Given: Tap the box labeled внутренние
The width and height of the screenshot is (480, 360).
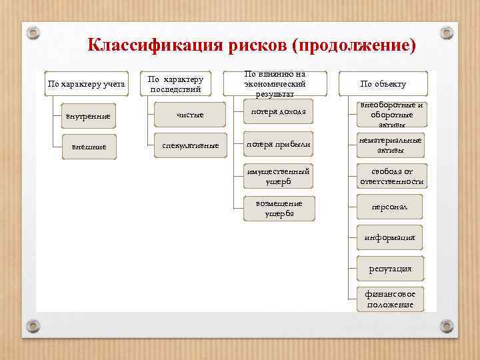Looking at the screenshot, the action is tap(88, 117).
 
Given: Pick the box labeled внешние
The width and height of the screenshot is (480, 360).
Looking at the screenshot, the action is tap(88, 147).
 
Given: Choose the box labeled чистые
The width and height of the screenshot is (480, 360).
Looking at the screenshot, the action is tap(190, 115).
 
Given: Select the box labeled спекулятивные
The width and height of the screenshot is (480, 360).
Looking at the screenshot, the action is tap(190, 145).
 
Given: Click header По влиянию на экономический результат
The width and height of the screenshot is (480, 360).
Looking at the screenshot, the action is tap(275, 84).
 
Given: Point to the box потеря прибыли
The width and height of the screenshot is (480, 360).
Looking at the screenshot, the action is tap(278, 144).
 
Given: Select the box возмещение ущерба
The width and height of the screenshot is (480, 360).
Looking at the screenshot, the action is tap(278, 208).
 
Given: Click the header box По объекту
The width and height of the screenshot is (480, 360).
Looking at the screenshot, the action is tap(383, 84).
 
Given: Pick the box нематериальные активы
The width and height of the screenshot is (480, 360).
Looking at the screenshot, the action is tap(391, 145).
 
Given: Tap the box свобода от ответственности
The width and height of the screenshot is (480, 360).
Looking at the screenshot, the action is tap(391, 177).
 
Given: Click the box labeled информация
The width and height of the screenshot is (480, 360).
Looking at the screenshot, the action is tap(390, 237).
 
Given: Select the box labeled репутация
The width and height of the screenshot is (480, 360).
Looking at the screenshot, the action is tap(390, 268).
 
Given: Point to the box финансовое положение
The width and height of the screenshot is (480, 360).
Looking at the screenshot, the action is tap(390, 299).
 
